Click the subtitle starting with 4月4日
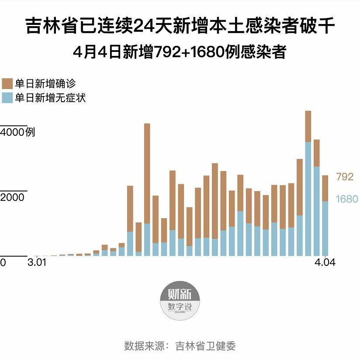180,52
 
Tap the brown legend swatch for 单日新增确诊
7,83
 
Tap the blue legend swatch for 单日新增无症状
7,97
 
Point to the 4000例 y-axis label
17,132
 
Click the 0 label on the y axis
3,263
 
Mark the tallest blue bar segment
308,199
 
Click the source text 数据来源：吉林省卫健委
180,346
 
